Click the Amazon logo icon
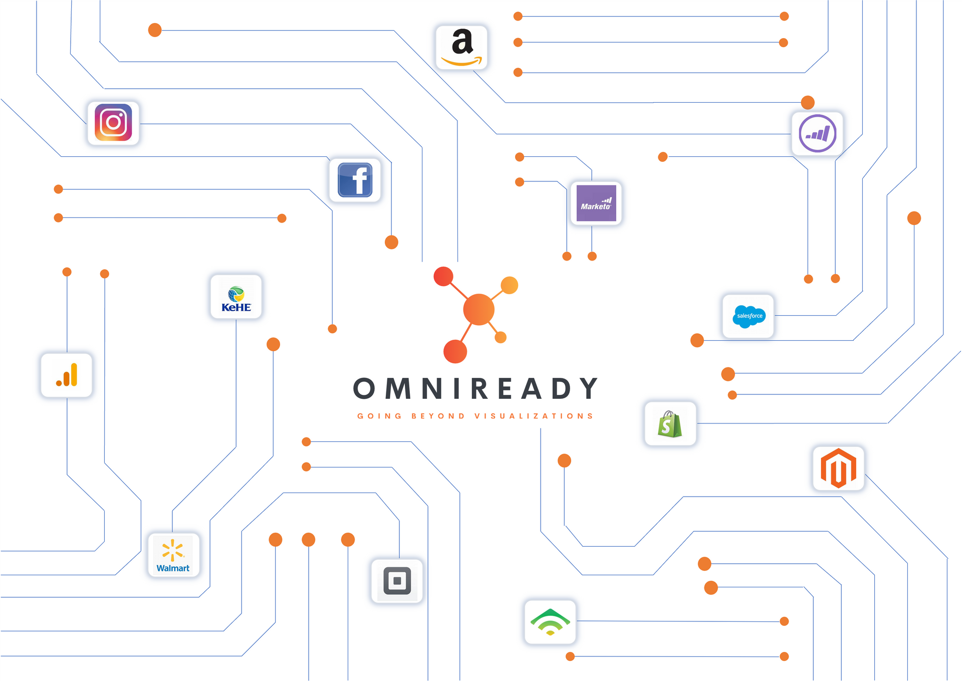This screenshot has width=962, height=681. click(x=461, y=48)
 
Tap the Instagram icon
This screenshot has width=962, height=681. click(x=113, y=123)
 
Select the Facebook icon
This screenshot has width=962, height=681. click(x=355, y=180)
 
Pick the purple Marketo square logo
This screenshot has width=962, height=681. click(x=596, y=203)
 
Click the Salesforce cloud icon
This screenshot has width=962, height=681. click(x=748, y=316)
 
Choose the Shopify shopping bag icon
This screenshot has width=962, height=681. click(x=670, y=424)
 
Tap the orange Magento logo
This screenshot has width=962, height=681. click(x=838, y=469)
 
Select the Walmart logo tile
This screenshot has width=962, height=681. click(x=173, y=555)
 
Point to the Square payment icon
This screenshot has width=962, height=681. click(x=397, y=581)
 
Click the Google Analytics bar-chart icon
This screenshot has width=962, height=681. click(x=67, y=375)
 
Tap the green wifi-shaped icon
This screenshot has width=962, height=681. click(x=550, y=622)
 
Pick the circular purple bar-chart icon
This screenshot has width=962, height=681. click(x=817, y=133)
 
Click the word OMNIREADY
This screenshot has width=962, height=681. click(x=475, y=389)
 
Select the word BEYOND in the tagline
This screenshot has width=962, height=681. click(x=438, y=416)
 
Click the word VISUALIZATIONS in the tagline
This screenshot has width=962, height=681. click(x=534, y=416)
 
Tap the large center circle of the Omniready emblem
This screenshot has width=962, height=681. click(x=479, y=310)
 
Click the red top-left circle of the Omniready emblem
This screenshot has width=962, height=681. click(x=443, y=276)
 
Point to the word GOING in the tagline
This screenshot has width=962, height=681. click(x=379, y=416)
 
